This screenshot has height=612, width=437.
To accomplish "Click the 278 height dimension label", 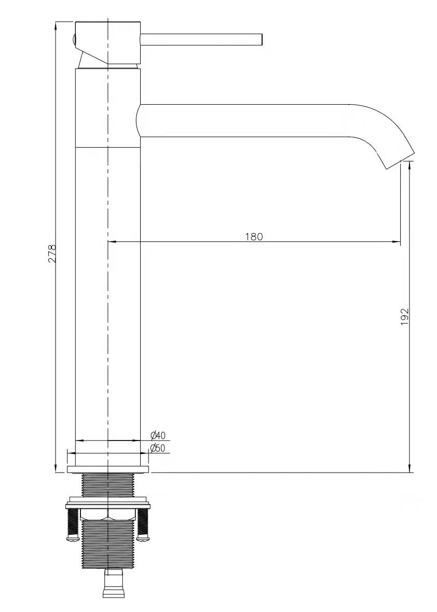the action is click(52, 254).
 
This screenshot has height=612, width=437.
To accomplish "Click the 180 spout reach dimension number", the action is click(254, 236).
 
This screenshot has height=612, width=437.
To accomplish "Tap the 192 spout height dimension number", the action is click(404, 317).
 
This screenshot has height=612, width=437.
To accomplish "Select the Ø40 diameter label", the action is click(158, 435).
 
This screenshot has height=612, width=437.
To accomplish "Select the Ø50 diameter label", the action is click(158, 448).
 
